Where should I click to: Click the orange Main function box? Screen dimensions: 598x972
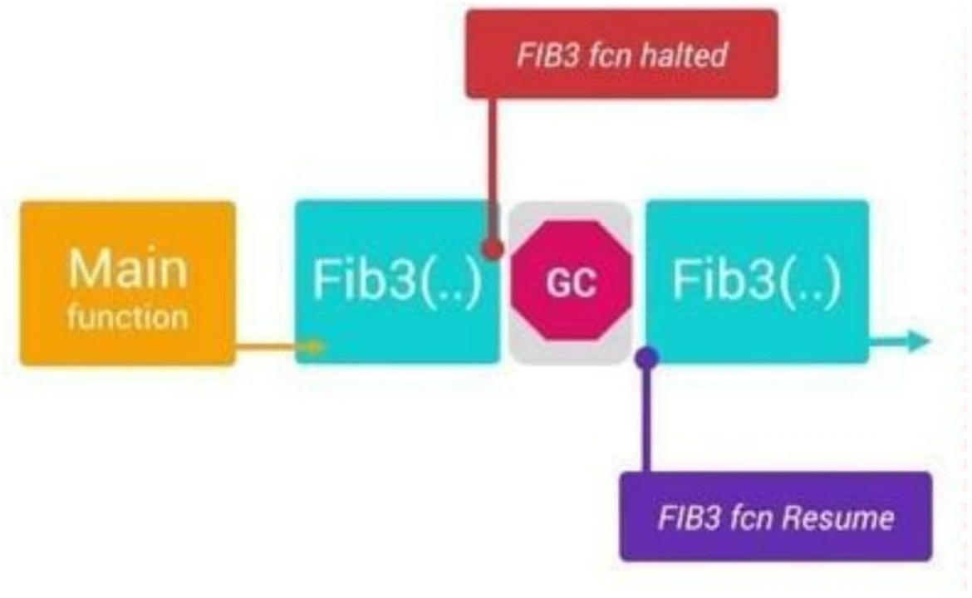pos(127,283)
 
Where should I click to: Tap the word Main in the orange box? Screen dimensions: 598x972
pos(127,269)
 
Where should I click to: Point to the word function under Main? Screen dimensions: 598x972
pos(127,317)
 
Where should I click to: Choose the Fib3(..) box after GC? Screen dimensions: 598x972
pos(757,282)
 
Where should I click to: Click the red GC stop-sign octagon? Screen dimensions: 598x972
pos(571,282)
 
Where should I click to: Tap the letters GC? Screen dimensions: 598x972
pos(571,283)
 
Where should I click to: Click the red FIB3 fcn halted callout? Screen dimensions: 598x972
pos(621,54)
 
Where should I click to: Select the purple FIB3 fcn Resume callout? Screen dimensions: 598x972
pos(776,517)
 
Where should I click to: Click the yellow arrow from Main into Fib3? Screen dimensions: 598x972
pos(278,347)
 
